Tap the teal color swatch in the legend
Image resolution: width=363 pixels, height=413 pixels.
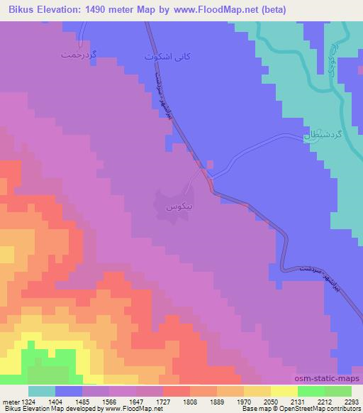click(x=42, y=390)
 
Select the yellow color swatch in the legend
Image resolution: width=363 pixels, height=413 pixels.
click(x=284, y=390)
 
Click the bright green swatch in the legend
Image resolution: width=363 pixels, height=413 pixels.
click(x=311, y=390)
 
